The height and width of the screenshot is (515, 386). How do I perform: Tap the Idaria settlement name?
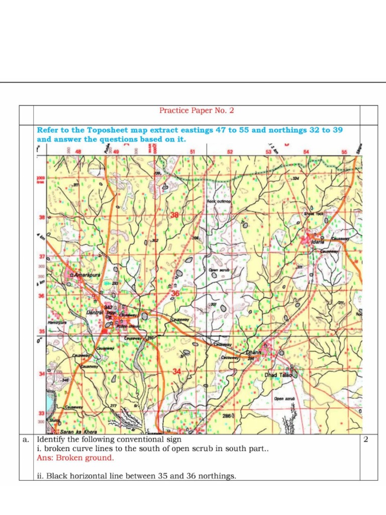[318, 242]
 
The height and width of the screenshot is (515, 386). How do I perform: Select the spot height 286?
[227, 416]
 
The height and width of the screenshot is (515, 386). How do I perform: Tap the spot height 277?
[113, 406]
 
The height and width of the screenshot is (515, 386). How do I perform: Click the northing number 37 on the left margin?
[42, 256]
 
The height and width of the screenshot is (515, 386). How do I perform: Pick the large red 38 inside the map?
[174, 215]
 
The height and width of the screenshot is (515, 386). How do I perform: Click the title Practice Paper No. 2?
[197, 111]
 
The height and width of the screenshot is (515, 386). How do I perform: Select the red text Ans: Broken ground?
[75, 458]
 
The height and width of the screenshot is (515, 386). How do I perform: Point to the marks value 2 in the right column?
[366, 440]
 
